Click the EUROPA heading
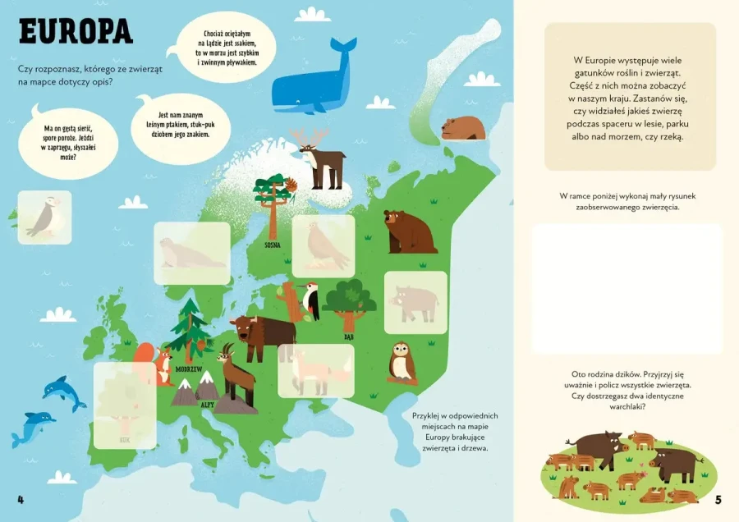76,32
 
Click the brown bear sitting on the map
408,231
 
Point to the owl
401,361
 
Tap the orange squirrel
161,363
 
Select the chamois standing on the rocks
235,373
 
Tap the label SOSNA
273,245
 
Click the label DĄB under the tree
349,337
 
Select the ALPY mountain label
207,405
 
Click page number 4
21,499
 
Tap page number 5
718,499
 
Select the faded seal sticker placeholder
191,254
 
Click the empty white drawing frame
627,288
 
